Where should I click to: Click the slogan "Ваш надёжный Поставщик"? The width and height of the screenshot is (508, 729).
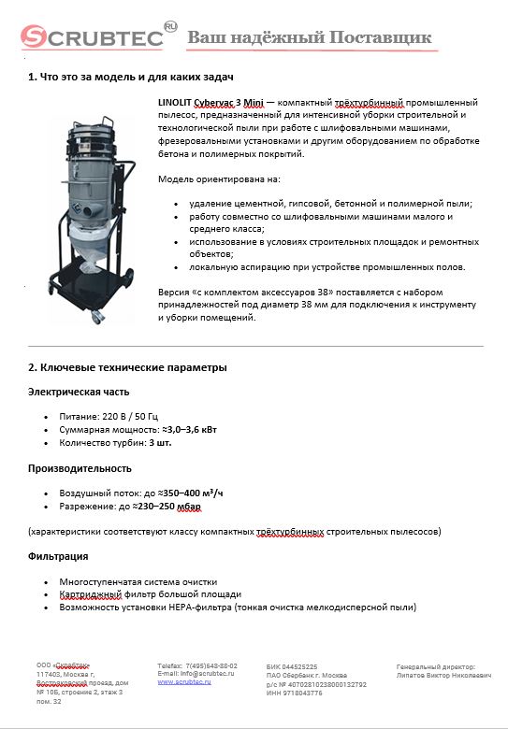coord(310,37)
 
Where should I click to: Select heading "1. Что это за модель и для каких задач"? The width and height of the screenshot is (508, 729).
coord(130,77)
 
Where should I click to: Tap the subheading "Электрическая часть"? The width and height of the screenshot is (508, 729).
coord(78,392)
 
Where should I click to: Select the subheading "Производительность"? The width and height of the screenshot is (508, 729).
coord(80,468)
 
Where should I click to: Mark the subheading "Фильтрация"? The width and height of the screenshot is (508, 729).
coord(58,556)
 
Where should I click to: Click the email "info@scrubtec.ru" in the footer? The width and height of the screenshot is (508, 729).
coord(205,673)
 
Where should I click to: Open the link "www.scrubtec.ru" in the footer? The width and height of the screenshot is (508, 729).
coord(183,681)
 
